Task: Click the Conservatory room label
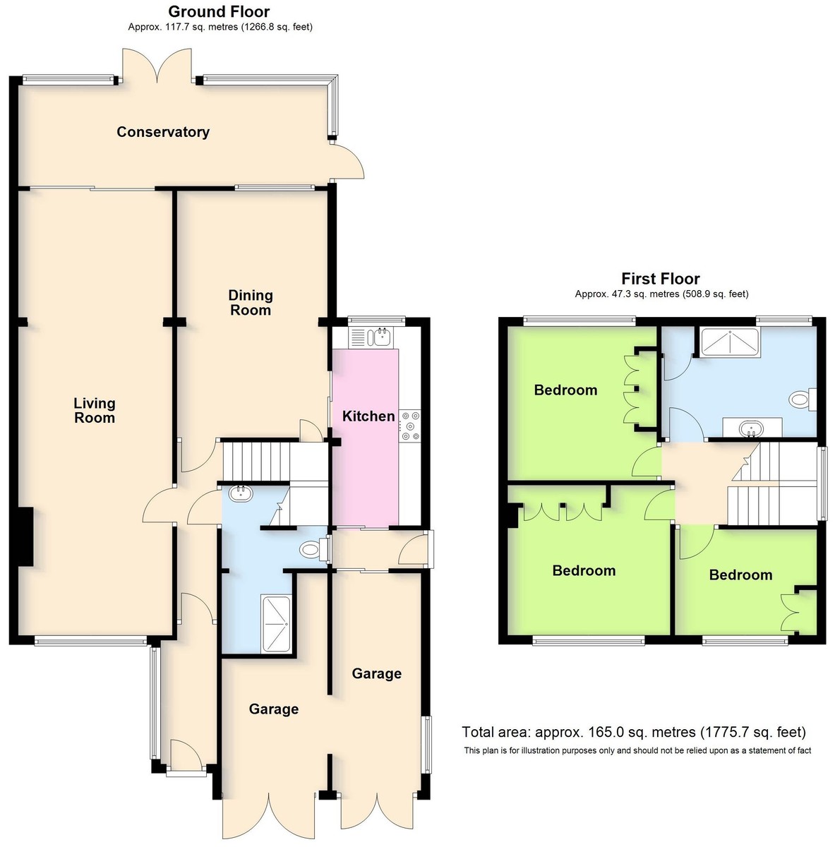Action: [x=162, y=132]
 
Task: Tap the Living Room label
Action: [x=95, y=410]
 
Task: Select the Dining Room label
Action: [x=251, y=302]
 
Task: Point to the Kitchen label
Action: [x=368, y=416]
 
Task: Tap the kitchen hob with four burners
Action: [x=410, y=426]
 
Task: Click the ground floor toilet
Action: [x=314, y=549]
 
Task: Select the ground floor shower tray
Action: [x=276, y=624]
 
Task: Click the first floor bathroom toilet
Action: [x=803, y=400]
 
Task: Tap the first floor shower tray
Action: [x=730, y=342]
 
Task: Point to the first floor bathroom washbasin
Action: [x=752, y=428]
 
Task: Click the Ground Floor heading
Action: [x=219, y=11]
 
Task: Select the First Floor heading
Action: [x=661, y=279]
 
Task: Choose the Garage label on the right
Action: [x=377, y=673]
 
